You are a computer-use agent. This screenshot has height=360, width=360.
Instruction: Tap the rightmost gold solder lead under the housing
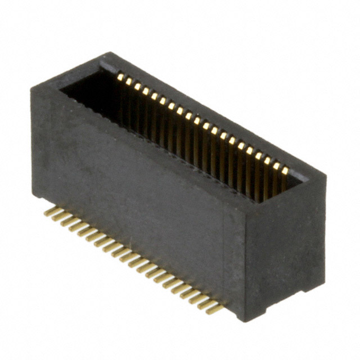(214, 308)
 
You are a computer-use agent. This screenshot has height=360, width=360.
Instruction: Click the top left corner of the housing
(32, 86)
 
